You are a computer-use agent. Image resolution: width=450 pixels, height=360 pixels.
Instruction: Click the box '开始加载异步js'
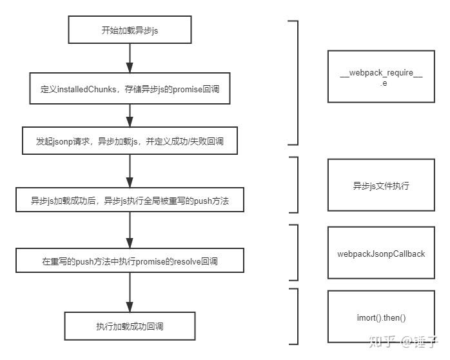[129, 30]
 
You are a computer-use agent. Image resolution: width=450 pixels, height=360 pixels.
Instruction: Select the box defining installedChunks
[129, 89]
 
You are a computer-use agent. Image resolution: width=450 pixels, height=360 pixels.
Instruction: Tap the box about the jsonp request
[129, 140]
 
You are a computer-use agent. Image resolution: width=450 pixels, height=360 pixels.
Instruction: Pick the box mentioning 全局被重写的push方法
[129, 200]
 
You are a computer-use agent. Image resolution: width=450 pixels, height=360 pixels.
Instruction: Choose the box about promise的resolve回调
[129, 261]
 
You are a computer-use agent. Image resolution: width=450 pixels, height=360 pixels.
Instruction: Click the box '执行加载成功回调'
[129, 326]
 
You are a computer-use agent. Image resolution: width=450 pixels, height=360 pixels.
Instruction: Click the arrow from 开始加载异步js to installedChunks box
[129, 59]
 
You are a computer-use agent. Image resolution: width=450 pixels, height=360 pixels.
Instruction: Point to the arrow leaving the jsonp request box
[129, 170]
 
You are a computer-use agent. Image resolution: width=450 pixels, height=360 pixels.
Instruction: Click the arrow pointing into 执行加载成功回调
[129, 293]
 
